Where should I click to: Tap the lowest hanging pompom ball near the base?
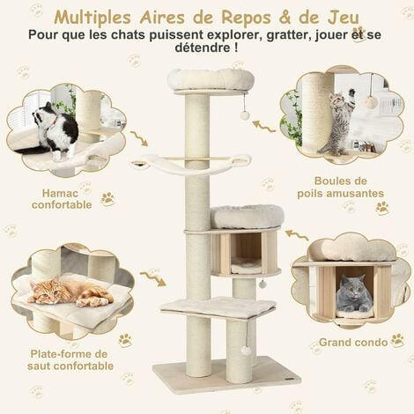tap(246, 351)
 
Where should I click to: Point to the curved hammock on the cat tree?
tap(189, 163)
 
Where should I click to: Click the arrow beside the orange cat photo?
tap(151, 279)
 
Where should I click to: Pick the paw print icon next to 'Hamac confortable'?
tap(107, 199)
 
